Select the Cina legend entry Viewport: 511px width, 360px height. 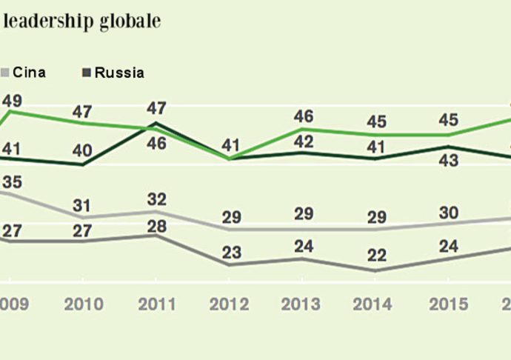click(30, 73)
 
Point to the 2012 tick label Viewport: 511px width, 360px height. click(230, 304)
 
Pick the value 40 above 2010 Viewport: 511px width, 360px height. click(82, 150)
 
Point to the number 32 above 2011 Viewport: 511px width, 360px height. click(156, 199)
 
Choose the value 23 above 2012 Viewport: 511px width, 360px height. click(230, 250)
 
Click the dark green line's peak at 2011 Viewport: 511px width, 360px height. click(157, 123)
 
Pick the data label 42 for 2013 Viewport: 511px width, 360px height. click(304, 137)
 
